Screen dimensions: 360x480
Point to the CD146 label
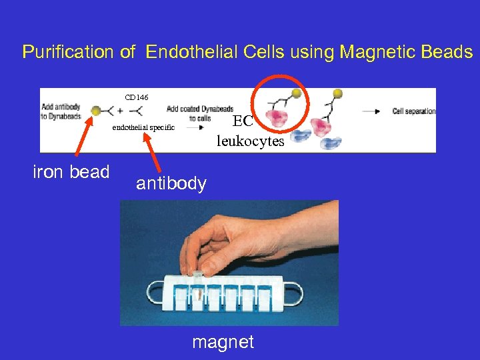point(137,97)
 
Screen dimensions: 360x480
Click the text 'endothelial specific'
point(143,127)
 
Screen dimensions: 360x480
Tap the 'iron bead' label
point(71,172)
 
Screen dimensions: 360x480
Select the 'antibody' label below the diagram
point(171,183)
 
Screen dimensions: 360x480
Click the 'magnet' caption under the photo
point(223,342)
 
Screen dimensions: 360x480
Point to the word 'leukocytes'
point(250,141)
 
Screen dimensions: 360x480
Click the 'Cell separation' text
point(414,111)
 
